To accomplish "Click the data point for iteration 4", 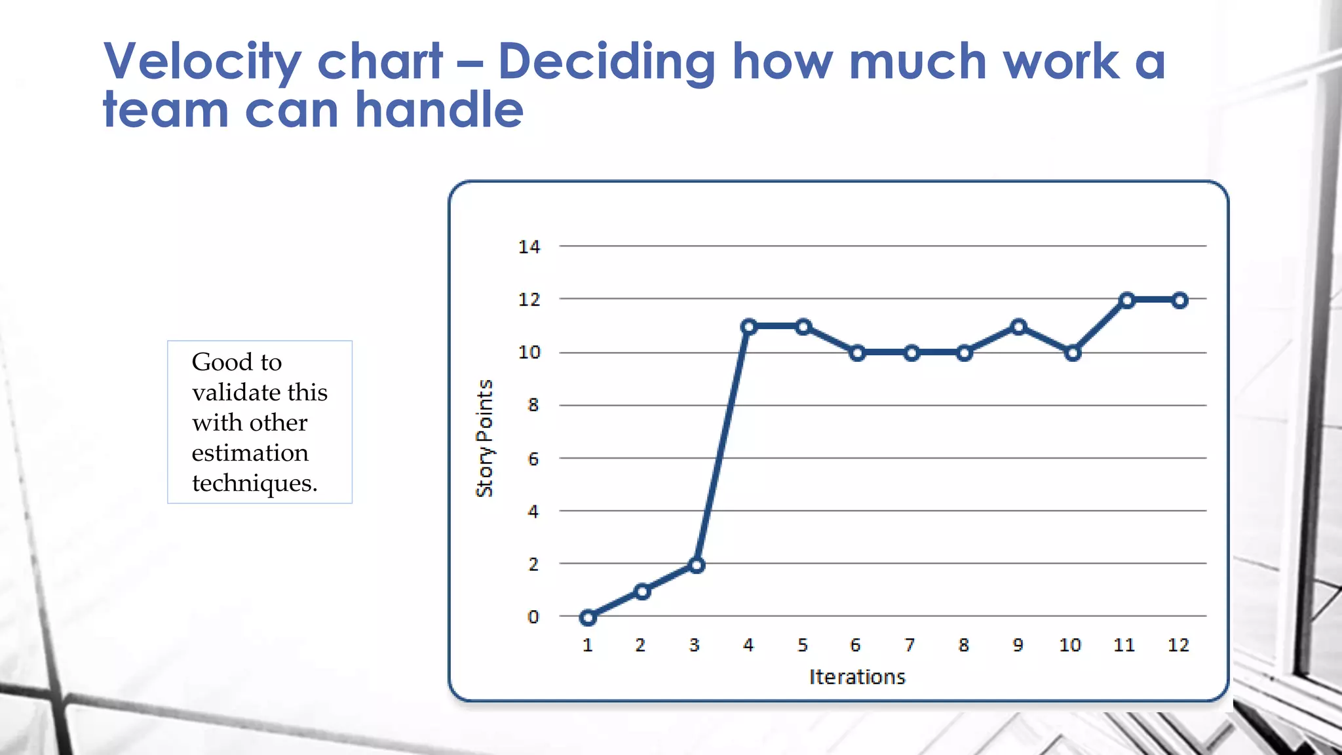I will click(x=750, y=326).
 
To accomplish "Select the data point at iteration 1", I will click(x=588, y=617).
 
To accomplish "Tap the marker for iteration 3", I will click(x=697, y=565).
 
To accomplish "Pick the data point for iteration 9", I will click(x=1018, y=326).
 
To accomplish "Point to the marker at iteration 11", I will click(x=1126, y=300).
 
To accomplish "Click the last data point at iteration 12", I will click(x=1180, y=300).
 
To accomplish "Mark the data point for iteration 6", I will click(x=857, y=353).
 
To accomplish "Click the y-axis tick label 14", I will click(x=529, y=247).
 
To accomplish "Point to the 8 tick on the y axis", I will click(x=533, y=406).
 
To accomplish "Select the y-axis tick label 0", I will click(x=533, y=617).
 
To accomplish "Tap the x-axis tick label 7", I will click(x=910, y=646).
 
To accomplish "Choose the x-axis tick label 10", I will click(x=1070, y=646).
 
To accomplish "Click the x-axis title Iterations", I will click(x=857, y=677).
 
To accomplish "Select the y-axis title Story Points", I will click(x=484, y=438).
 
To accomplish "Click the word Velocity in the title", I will click(x=202, y=62).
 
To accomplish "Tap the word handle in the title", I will click(x=439, y=109).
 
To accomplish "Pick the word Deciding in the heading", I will click(x=606, y=62).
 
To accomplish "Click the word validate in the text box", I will click(x=237, y=393).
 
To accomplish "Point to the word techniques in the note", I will click(x=254, y=484).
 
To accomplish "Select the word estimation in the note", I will click(x=250, y=453).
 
